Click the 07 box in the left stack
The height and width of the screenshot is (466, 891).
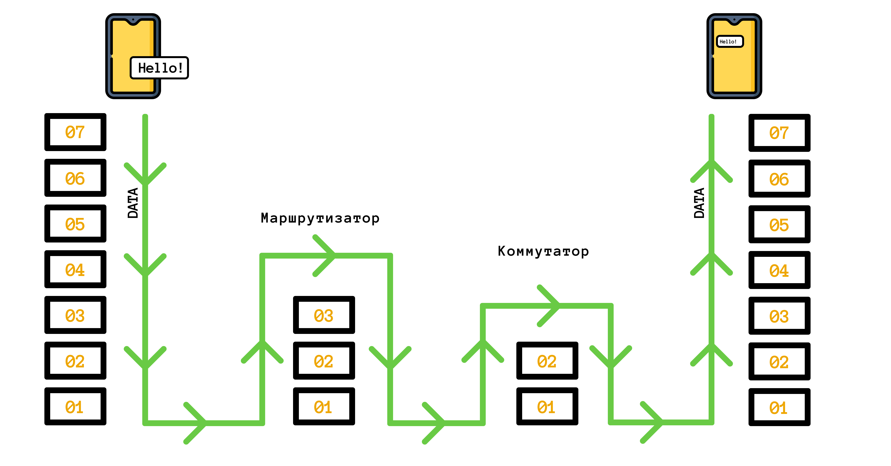click(x=75, y=132)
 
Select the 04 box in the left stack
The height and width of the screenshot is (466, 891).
click(x=75, y=269)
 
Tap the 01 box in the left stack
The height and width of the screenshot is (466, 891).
click(x=75, y=407)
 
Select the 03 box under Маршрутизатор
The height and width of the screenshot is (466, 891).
click(x=324, y=315)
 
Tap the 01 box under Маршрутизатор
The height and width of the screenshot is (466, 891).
click(x=324, y=407)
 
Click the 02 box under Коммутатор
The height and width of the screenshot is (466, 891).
click(x=547, y=361)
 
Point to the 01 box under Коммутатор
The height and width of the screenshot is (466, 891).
click(x=547, y=407)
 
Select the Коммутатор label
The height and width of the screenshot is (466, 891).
click(x=543, y=251)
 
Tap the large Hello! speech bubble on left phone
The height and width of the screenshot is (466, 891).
click(x=160, y=68)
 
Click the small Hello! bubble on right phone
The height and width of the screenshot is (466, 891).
click(x=730, y=41)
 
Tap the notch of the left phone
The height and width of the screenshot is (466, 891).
click(x=133, y=22)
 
